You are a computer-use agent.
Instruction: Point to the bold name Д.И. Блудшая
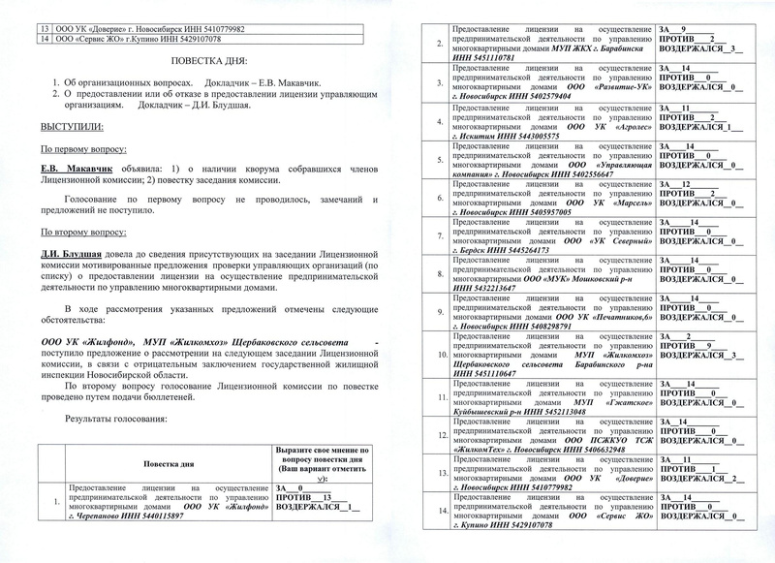[x=76, y=255]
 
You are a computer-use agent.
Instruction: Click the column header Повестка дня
[x=161, y=463]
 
